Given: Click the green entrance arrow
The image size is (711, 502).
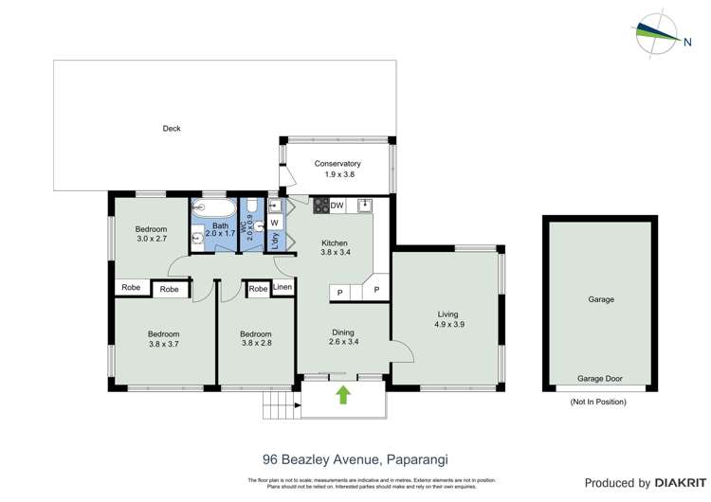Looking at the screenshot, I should [x=343, y=395].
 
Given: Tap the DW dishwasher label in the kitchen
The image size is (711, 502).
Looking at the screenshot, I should [x=337, y=206].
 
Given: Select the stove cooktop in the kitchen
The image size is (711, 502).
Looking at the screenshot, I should [x=320, y=206].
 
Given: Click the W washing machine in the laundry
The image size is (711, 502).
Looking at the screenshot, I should [x=274, y=223].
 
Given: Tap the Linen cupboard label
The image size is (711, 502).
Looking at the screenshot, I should [x=283, y=287].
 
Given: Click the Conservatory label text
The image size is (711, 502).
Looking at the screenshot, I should [x=337, y=164].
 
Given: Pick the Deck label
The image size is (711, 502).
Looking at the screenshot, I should [x=171, y=129].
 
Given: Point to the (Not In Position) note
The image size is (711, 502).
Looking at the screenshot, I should [x=598, y=402].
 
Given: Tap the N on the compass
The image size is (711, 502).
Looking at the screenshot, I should [x=685, y=41].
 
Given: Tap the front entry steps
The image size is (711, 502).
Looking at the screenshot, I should [x=278, y=406].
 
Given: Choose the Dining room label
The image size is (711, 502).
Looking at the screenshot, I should [x=342, y=332].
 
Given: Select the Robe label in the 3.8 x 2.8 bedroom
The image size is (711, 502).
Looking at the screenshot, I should [x=258, y=288].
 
